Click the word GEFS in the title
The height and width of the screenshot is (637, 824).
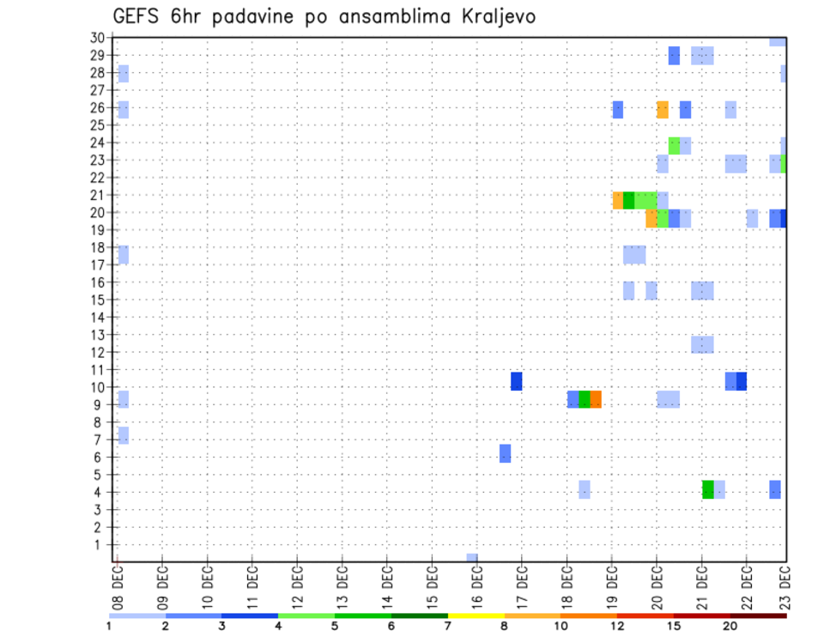pyautogui.click(x=138, y=16)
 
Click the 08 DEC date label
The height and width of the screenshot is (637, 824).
pyautogui.click(x=118, y=585)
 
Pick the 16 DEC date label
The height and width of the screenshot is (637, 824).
pyautogui.click(x=477, y=585)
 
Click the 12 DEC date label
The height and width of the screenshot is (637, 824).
pyautogui.click(x=297, y=585)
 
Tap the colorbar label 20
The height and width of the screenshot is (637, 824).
pyautogui.click(x=730, y=626)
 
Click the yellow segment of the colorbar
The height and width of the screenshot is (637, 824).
pyautogui.click(x=476, y=616)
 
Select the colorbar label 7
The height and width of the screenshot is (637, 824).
pyautogui.click(x=447, y=626)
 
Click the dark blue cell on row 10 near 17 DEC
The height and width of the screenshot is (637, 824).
pyautogui.click(x=517, y=381)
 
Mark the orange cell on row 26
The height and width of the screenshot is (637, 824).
pyautogui.click(x=663, y=109)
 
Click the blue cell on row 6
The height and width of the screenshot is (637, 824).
pyautogui.click(x=506, y=453)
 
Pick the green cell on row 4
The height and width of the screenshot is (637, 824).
pyautogui.click(x=708, y=489)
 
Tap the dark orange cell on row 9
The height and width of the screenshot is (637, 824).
pyautogui.click(x=596, y=399)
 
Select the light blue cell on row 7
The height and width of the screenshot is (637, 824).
pyautogui.click(x=124, y=435)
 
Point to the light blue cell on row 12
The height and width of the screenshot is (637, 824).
pyautogui.click(x=702, y=344)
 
